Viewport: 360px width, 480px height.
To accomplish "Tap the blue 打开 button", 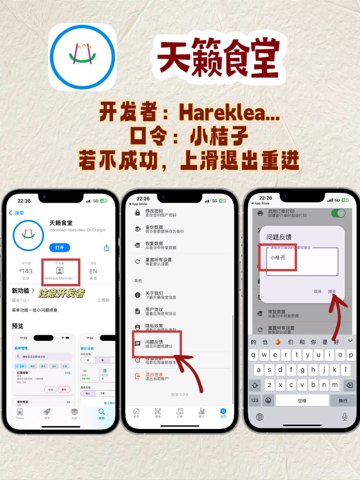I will tap(60, 248).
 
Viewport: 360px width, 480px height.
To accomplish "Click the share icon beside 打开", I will tap(107, 248).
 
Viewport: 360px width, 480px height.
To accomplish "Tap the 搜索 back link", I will tap(16, 213).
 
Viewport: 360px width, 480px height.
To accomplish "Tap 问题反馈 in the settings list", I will tap(158, 344).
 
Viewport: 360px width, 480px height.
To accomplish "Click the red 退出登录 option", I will tap(156, 376).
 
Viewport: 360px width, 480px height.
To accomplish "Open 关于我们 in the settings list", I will tap(160, 295).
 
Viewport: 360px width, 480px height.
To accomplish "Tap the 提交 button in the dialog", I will tap(332, 291).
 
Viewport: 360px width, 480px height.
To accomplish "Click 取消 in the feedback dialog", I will tap(317, 291).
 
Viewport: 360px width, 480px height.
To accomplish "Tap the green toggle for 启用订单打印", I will tap(338, 213).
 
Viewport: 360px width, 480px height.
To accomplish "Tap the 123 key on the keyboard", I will tap(255, 400).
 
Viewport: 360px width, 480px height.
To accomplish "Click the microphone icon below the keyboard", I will tap(345, 417).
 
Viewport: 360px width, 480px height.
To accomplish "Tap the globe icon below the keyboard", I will tap(260, 417).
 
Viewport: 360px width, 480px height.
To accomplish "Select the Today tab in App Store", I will tap(20, 414).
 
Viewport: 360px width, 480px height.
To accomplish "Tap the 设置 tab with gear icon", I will tap(223, 413).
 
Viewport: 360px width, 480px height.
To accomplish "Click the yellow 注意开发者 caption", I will tap(62, 293).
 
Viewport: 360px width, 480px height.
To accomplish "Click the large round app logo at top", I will tap(82, 57).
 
